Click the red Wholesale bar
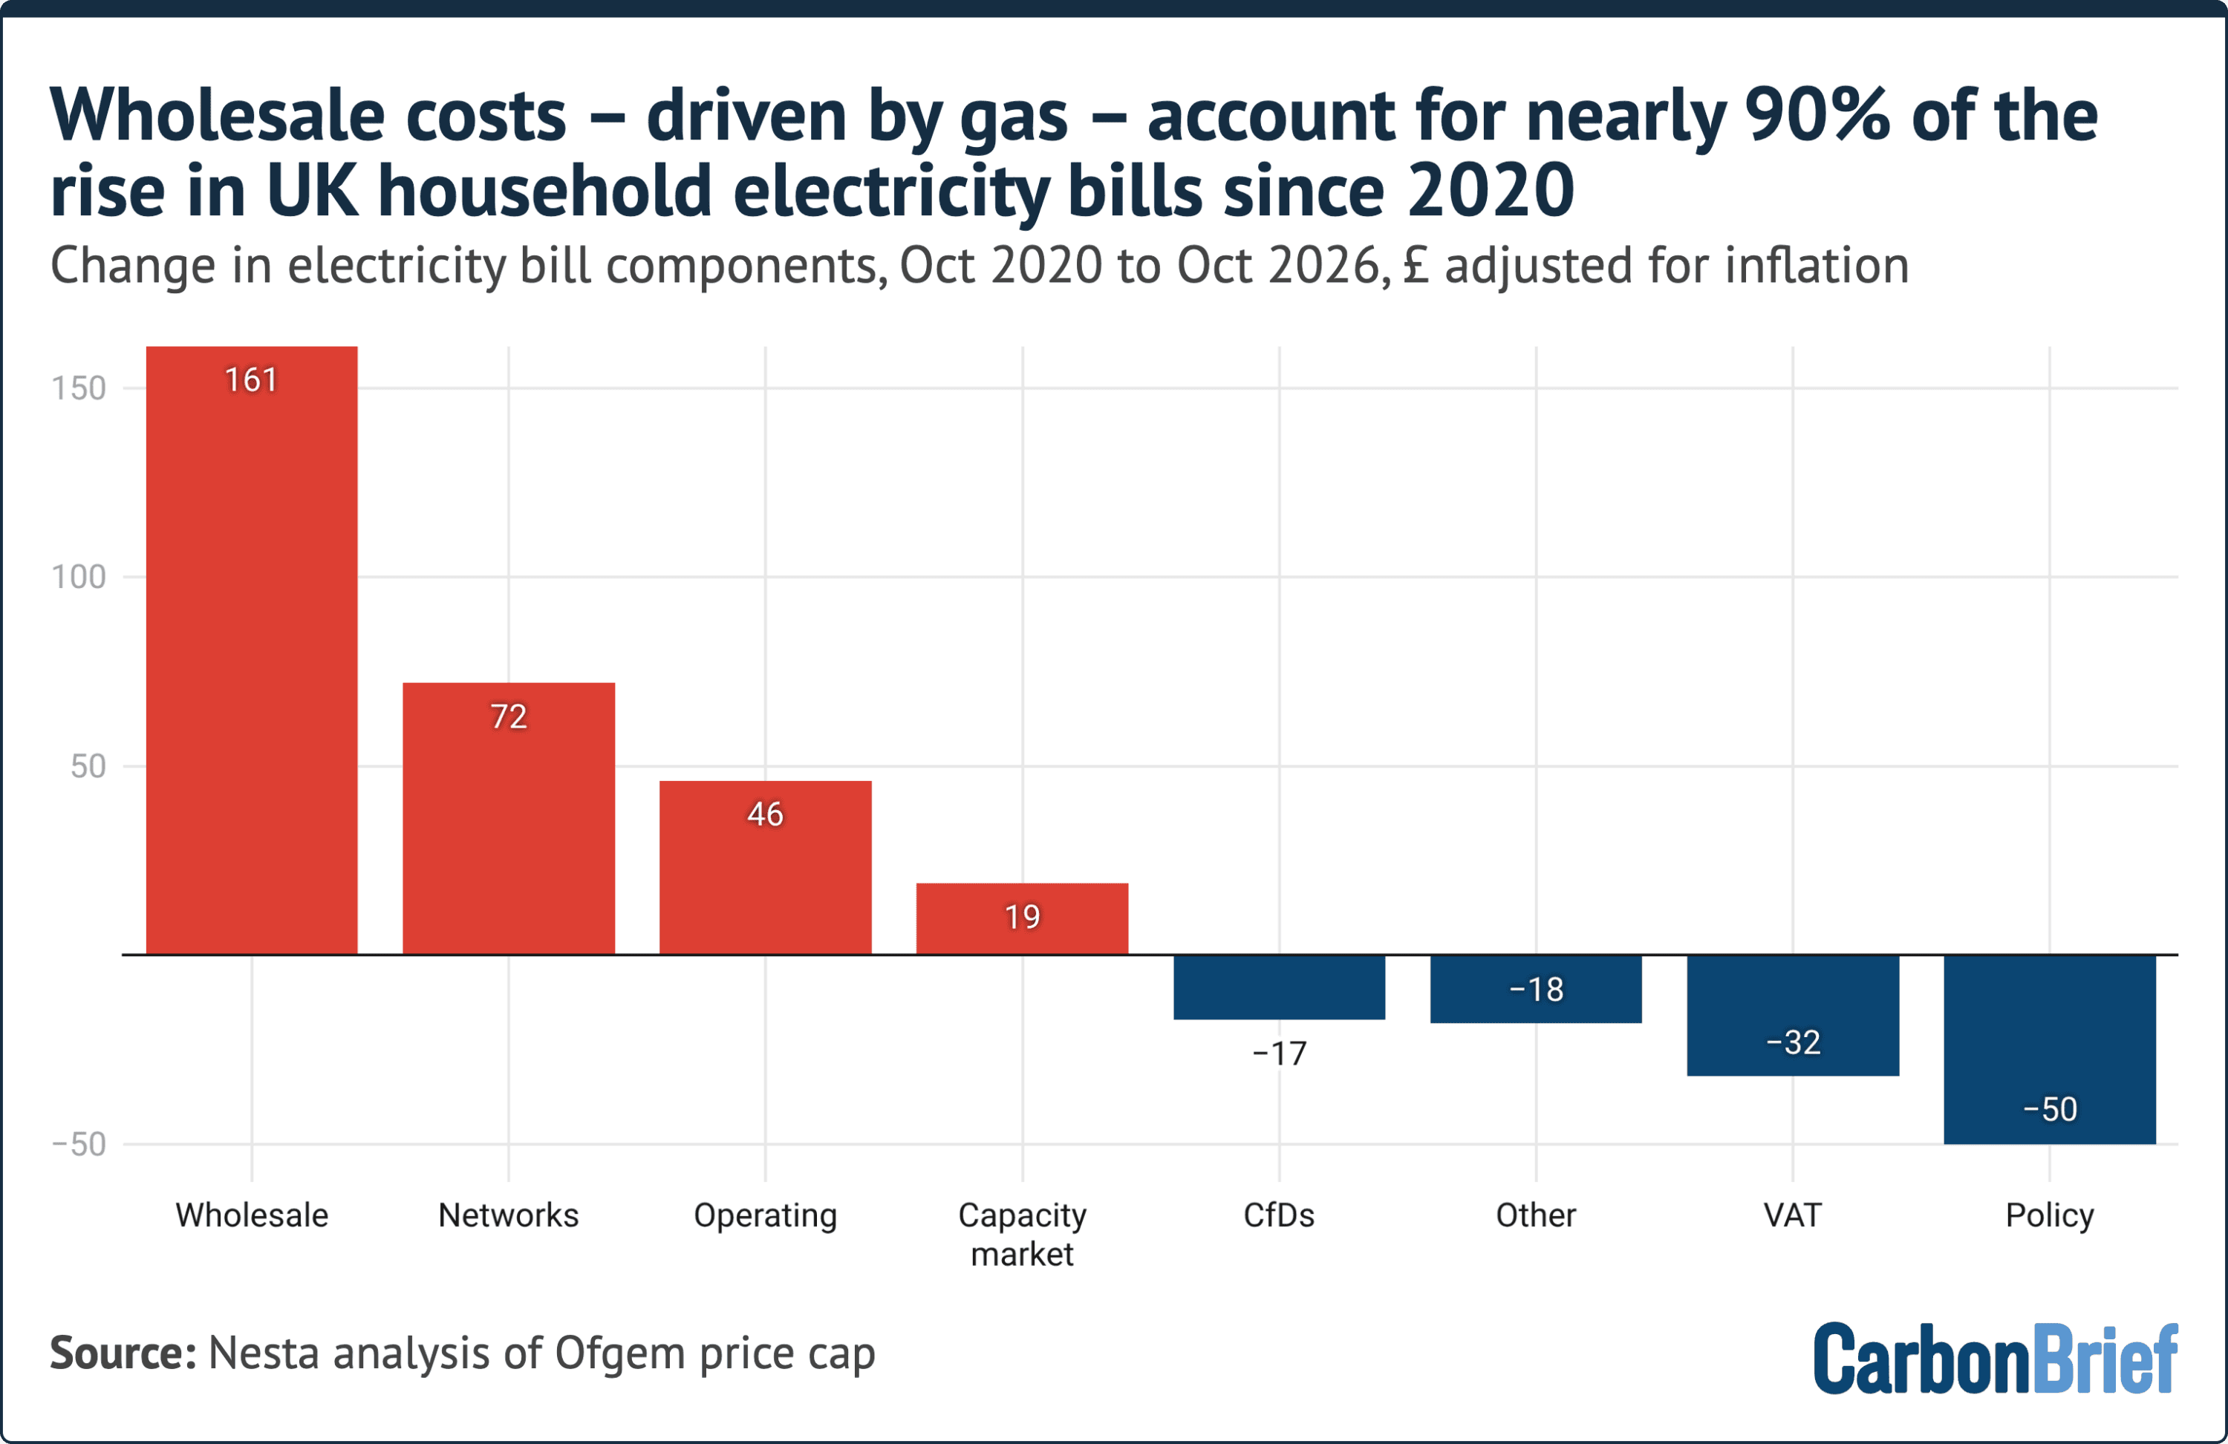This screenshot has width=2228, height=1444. (x=252, y=650)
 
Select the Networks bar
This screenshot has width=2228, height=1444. (x=508, y=819)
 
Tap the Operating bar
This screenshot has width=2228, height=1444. (x=766, y=868)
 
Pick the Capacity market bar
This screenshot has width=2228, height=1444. (x=1022, y=919)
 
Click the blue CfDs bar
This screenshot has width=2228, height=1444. (x=1279, y=987)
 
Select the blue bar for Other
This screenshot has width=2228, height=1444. (x=1536, y=989)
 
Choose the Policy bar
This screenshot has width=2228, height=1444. (x=2051, y=1049)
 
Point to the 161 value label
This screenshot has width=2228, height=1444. (x=251, y=380)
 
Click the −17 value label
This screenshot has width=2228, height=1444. (x=1279, y=1053)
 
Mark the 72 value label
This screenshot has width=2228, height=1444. (x=508, y=717)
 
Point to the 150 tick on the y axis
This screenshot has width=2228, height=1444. (x=79, y=388)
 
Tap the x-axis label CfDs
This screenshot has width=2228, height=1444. (x=1279, y=1215)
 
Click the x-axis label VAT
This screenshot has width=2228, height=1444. (x=1793, y=1215)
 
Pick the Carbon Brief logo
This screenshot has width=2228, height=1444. (x=1996, y=1358)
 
